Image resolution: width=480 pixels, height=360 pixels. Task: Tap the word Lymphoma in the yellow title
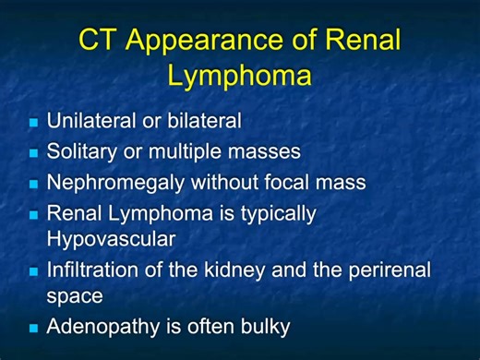pyautogui.click(x=240, y=74)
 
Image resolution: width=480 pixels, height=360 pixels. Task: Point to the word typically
pyautogui.click(x=276, y=214)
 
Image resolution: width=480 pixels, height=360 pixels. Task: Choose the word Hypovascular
pyautogui.click(x=111, y=239)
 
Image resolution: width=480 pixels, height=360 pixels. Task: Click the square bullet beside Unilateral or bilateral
pyautogui.click(x=33, y=122)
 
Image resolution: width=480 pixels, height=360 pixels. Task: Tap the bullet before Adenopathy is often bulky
pyautogui.click(x=33, y=328)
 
